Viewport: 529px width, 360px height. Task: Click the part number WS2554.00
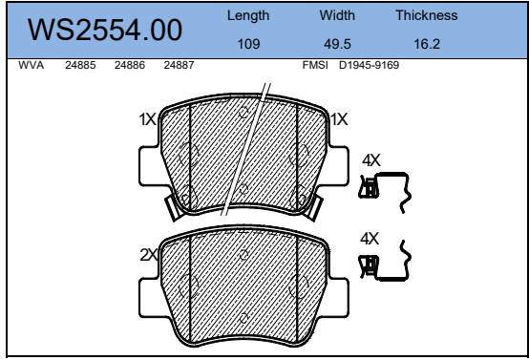click(x=105, y=30)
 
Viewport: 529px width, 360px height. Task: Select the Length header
click(x=248, y=16)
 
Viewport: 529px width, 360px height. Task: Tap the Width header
click(x=337, y=15)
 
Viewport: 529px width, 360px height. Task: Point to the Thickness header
click(x=427, y=15)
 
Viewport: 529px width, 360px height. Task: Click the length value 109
click(x=248, y=44)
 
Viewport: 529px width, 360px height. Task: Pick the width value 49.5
click(x=337, y=44)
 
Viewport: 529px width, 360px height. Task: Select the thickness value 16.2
click(x=427, y=44)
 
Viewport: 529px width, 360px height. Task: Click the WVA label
click(x=32, y=65)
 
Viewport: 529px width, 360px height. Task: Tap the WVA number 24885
click(x=80, y=65)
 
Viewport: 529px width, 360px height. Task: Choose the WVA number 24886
click(x=130, y=65)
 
